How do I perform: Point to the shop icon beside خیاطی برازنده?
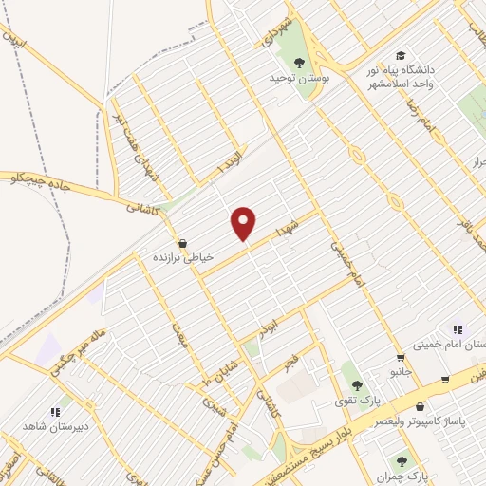[181, 241]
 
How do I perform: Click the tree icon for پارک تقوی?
[357, 385]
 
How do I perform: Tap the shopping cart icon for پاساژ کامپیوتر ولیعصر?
[444, 381]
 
